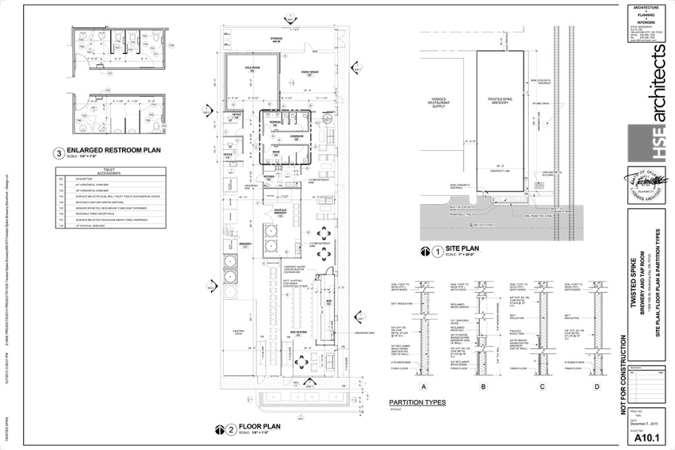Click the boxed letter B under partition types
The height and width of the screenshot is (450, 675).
pos(484,387)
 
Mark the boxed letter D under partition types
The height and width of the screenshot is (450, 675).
pos(597,387)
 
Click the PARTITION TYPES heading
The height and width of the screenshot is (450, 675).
pos(417,402)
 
